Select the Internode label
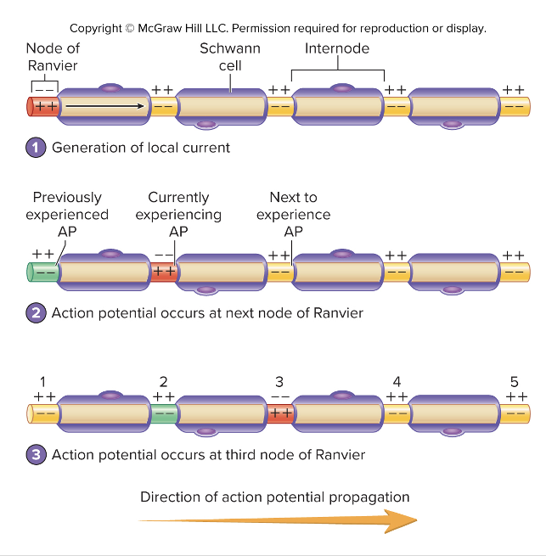(x=337, y=48)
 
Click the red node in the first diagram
(x=43, y=107)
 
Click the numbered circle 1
(x=36, y=148)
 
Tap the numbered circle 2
(x=36, y=312)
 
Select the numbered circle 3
(x=36, y=454)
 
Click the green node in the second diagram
(x=43, y=272)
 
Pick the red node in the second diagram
(x=163, y=272)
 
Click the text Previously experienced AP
(x=67, y=214)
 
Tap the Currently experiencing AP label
(x=178, y=214)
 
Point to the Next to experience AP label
(x=293, y=214)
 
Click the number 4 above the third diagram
(x=397, y=381)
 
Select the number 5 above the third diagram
(x=513, y=381)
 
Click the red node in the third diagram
(x=280, y=414)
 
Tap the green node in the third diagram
(x=163, y=414)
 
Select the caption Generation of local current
(x=141, y=148)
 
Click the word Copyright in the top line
(x=96, y=28)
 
